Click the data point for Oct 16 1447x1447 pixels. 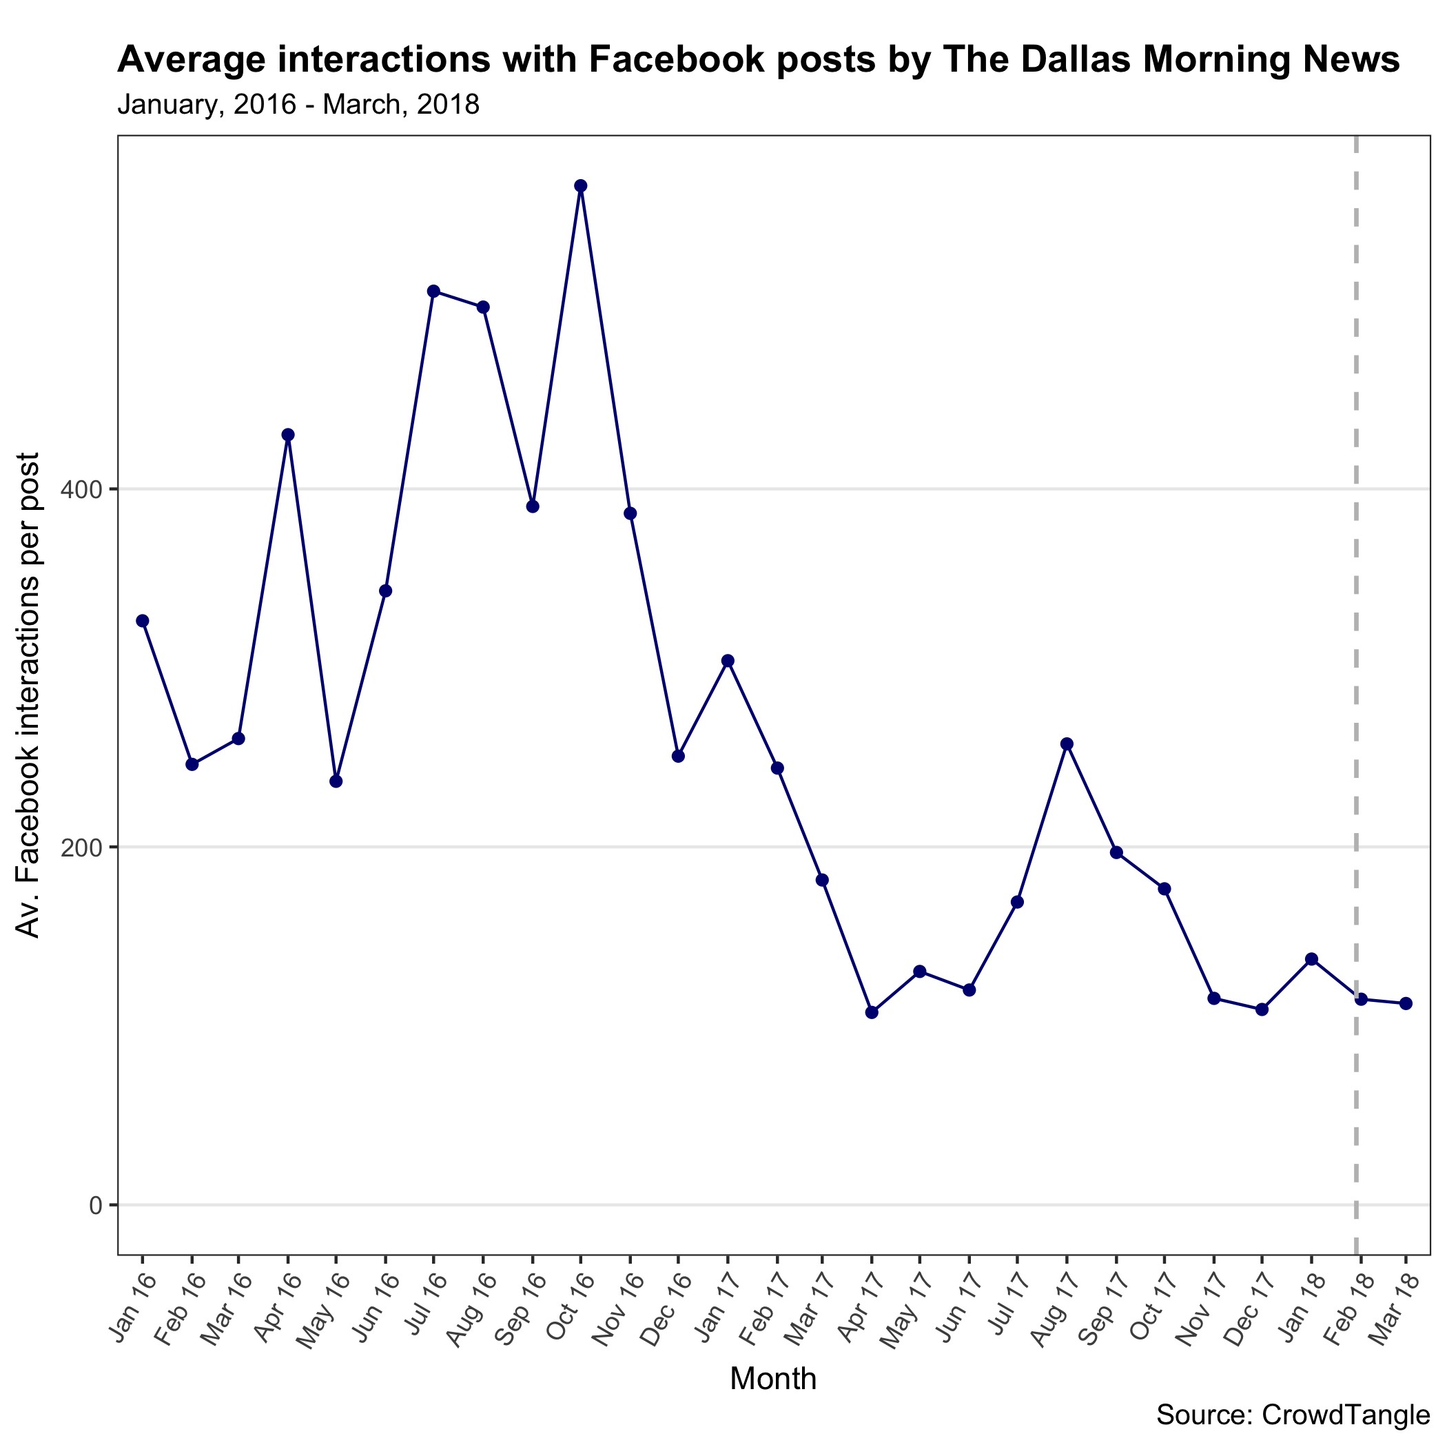point(580,186)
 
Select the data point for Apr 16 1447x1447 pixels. point(287,434)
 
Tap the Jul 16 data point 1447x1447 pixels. point(433,291)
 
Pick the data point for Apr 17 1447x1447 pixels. point(871,1012)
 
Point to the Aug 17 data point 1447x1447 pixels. point(1067,743)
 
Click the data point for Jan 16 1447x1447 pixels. point(143,620)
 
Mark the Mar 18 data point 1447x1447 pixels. point(1406,1003)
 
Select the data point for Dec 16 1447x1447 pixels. point(678,756)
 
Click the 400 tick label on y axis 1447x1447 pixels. point(80,490)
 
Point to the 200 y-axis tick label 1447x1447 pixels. point(80,847)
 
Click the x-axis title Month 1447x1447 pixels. point(773,1379)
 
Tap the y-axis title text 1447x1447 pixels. point(28,695)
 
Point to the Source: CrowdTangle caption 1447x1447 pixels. point(1293,1415)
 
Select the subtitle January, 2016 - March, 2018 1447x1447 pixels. point(298,105)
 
